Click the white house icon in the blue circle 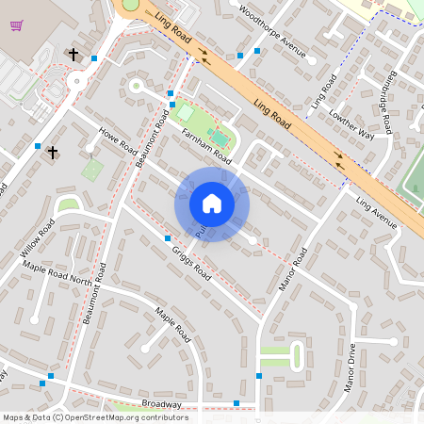click(x=212, y=203)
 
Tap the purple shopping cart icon click(x=16, y=24)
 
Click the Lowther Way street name click(x=351, y=122)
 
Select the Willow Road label click(x=37, y=241)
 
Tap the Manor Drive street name click(x=350, y=367)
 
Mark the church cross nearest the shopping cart click(x=73, y=55)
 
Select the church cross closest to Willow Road click(x=53, y=152)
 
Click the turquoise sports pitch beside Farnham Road click(x=220, y=139)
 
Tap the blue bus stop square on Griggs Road click(x=168, y=238)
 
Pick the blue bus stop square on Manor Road click(x=259, y=376)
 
